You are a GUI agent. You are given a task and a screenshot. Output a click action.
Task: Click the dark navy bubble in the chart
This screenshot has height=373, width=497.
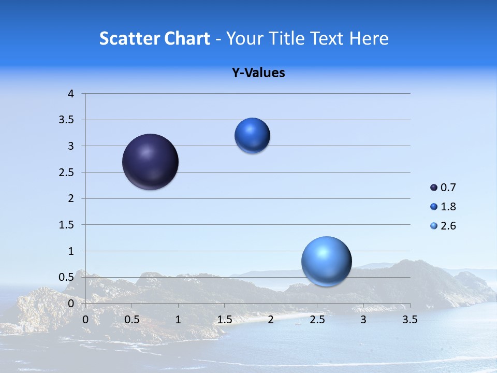click(x=151, y=162)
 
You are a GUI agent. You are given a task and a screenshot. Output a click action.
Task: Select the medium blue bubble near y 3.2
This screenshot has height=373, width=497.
click(x=252, y=136)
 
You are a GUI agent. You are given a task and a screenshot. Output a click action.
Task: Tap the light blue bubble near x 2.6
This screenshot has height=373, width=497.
click(x=326, y=261)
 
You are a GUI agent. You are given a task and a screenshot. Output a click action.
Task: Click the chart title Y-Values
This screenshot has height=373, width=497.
click(x=258, y=73)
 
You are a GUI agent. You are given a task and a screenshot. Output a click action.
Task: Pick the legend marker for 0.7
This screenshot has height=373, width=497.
click(x=434, y=188)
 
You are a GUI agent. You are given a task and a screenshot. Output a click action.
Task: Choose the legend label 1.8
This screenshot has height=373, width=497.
click(x=448, y=207)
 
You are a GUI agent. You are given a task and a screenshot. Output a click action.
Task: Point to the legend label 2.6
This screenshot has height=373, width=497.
click(x=448, y=226)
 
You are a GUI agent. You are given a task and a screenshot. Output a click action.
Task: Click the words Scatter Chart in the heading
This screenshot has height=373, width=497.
click(x=154, y=38)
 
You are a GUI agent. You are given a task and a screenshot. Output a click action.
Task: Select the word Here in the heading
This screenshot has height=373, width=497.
click(x=369, y=38)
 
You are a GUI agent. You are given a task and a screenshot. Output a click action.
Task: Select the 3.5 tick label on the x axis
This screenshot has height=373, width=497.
click(x=410, y=320)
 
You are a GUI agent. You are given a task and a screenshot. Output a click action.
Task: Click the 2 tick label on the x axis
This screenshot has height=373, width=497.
click(x=271, y=320)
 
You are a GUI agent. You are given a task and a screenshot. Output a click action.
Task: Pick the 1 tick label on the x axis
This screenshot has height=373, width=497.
click(x=178, y=320)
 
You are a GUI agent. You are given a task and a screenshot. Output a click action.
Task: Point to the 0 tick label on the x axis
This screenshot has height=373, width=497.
click(x=85, y=320)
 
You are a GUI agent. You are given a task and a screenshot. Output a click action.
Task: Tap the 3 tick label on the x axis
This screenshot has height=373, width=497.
click(x=363, y=320)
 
